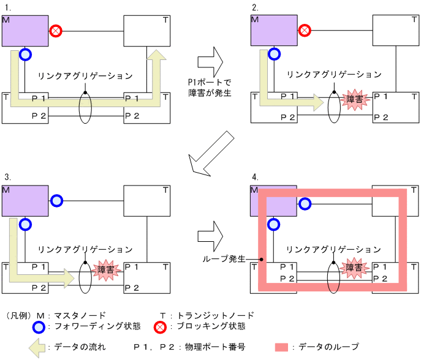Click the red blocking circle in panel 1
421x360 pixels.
point(56,29)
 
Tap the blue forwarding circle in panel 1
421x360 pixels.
point(25,55)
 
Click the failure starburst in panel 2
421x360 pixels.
point(354,100)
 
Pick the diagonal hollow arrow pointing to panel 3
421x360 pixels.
point(210,152)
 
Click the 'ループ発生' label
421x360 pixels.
point(224,259)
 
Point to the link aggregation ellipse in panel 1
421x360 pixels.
point(85,108)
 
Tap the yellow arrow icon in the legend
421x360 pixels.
point(37,347)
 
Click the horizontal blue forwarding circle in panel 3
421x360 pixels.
point(56,200)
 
